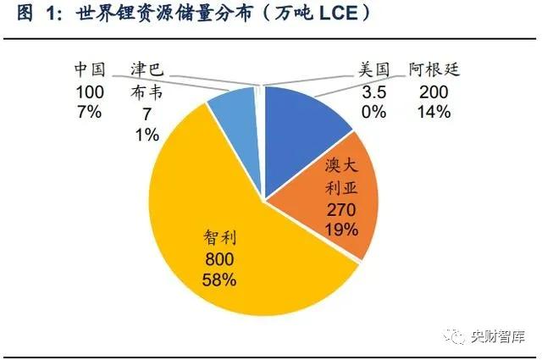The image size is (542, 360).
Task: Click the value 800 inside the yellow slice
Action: tap(219, 259)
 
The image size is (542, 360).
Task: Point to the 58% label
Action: tap(219, 280)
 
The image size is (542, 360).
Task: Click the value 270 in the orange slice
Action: tap(341, 210)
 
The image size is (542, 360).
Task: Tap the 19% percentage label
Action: tap(341, 230)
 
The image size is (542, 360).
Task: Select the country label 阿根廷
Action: tap(434, 69)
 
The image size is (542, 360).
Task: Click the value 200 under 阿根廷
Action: tap(434, 92)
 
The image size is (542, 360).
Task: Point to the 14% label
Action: tap(434, 112)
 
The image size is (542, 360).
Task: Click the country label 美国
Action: tap(373, 69)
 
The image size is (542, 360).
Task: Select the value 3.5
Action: tap(373, 92)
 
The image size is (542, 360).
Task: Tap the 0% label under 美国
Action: tap(373, 112)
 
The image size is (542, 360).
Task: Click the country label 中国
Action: tap(90, 69)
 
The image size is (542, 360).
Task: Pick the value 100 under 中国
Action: tap(90, 92)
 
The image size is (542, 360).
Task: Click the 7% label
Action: tap(90, 112)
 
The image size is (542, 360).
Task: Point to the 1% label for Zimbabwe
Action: tap(147, 135)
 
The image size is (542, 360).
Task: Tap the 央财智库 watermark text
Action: tap(498, 336)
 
